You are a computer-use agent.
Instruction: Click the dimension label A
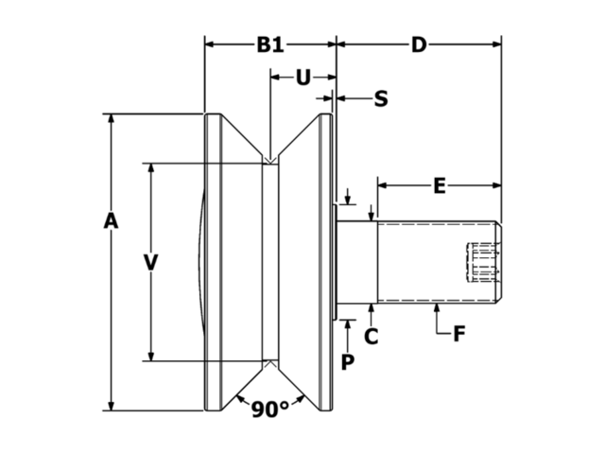pos(111,221)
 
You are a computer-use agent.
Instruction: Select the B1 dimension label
pos(270,44)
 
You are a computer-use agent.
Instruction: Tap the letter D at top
pos(419,44)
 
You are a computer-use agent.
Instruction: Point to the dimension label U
pos(302,77)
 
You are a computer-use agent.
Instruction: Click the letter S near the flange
pos(381,97)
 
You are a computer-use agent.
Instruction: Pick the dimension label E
pos(439,185)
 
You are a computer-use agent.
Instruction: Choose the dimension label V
pos(149,262)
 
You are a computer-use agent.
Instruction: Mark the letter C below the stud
pos(372,335)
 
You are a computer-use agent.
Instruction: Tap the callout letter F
pos(458,334)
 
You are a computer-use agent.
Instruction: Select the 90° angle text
pos(269,409)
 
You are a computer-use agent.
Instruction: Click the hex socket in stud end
pos(483,263)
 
